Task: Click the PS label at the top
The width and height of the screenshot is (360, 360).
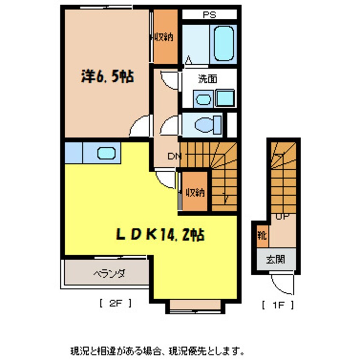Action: click(209, 15)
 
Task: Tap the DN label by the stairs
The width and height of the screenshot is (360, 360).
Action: click(173, 156)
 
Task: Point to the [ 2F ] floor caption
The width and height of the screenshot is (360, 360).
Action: click(115, 304)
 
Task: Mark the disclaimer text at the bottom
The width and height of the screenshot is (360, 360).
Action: click(157, 340)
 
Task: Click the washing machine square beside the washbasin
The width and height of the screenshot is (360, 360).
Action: click(224, 99)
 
